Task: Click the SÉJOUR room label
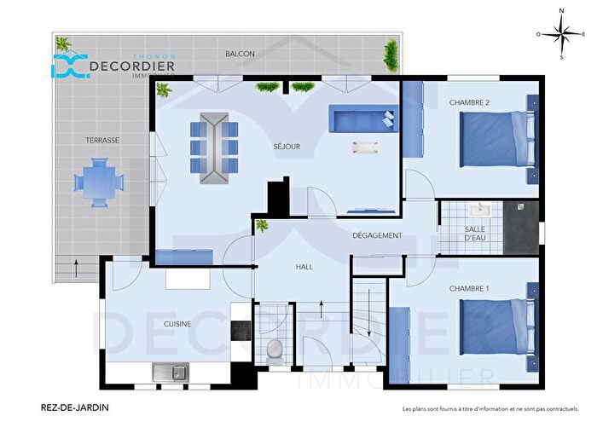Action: (x=287, y=147)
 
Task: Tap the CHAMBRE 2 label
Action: (x=469, y=102)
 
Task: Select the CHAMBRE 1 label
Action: (x=469, y=288)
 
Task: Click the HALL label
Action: (x=304, y=267)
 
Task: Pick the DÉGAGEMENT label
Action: (x=377, y=235)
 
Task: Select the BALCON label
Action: (x=240, y=54)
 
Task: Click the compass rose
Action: (x=560, y=34)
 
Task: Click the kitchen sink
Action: (x=171, y=372)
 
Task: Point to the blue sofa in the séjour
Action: (x=363, y=119)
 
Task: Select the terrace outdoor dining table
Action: (x=99, y=182)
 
